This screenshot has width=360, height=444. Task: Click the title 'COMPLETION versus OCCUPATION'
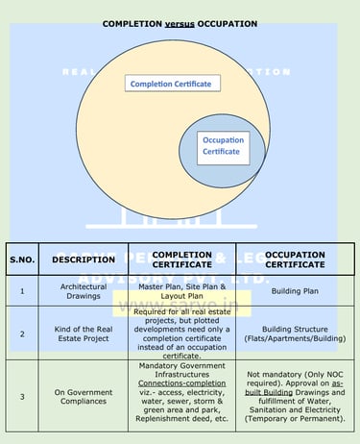[180, 22]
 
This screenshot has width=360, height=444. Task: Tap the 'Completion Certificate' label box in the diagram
[173, 84]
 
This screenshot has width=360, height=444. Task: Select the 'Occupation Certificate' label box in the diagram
[222, 146]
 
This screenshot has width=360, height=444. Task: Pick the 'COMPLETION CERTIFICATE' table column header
[182, 259]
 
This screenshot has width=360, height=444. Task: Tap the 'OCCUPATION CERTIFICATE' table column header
[287, 259]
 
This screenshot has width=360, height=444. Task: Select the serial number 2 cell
[21, 333]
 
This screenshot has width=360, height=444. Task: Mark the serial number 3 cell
[21, 395]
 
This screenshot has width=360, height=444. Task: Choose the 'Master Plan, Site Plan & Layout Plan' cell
[182, 291]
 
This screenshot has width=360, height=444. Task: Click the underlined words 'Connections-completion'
[182, 382]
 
